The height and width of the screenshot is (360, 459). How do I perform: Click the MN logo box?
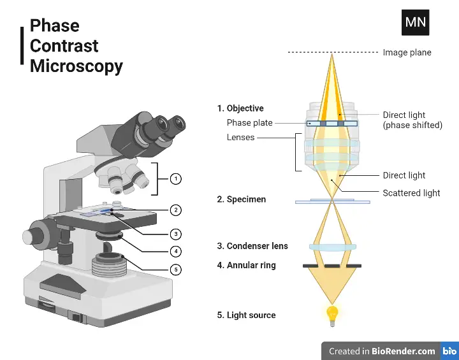tap(415, 22)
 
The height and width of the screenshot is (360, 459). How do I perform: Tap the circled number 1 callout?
tap(176, 179)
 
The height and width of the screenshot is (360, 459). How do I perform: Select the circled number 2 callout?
tap(176, 210)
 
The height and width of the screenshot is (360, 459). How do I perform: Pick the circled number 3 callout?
tap(176, 233)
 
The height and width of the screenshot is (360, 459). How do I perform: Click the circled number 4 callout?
tap(176, 251)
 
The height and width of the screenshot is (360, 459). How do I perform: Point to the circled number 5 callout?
tap(176, 270)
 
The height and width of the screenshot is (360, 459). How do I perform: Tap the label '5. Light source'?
tap(246, 315)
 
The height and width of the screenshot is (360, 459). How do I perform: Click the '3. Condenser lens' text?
tap(252, 246)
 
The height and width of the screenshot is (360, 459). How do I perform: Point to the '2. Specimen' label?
tap(241, 199)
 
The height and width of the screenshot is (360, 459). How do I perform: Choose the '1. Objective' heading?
tap(240, 108)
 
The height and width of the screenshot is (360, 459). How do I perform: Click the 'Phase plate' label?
tap(249, 123)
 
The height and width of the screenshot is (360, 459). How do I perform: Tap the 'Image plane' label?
tap(407, 52)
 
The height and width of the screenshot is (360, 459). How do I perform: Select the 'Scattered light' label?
tap(411, 193)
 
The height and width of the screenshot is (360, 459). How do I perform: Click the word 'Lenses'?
tap(240, 137)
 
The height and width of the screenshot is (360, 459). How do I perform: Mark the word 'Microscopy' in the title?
tap(76, 66)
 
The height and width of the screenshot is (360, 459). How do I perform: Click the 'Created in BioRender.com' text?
tap(382, 351)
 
